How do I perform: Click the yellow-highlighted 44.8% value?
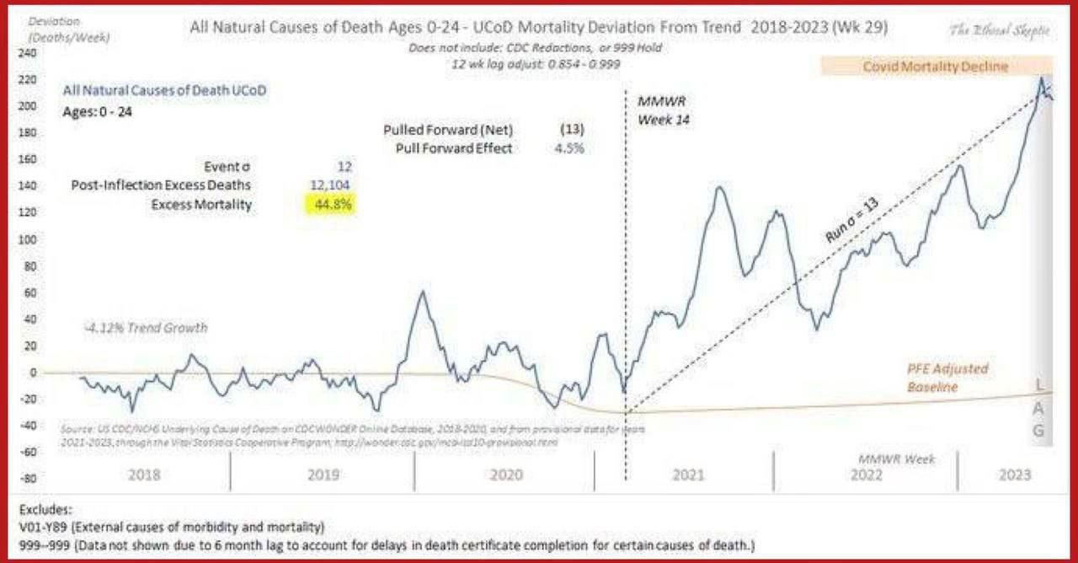pyautogui.click(x=328, y=204)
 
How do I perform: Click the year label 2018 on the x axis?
pyautogui.click(x=145, y=475)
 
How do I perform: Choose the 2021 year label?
pyautogui.click(x=688, y=475)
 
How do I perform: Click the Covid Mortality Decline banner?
pyautogui.click(x=935, y=67)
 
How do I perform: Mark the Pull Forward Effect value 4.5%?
pyautogui.click(x=564, y=148)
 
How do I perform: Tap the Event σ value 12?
pyautogui.click(x=337, y=167)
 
